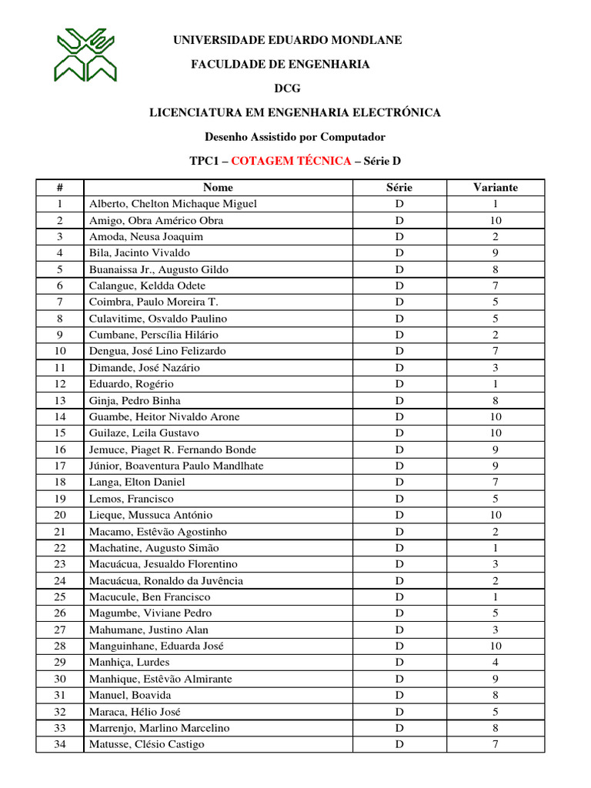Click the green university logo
[x=85, y=55]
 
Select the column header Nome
[x=218, y=187]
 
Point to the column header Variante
[x=496, y=187]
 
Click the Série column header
[x=399, y=187]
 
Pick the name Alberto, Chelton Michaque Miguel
[x=173, y=204]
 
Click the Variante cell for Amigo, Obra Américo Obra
[x=496, y=220]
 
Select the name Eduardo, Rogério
[x=132, y=384]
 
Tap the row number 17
[x=60, y=466]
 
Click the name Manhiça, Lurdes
[x=129, y=662]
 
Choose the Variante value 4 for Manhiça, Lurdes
[x=496, y=662]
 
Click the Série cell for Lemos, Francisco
[x=399, y=499]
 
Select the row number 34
[x=60, y=744]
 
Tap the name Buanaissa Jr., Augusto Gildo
[x=159, y=269]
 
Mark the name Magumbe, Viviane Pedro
[x=150, y=613]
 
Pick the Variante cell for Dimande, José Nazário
[x=496, y=368]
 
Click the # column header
[x=60, y=187]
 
